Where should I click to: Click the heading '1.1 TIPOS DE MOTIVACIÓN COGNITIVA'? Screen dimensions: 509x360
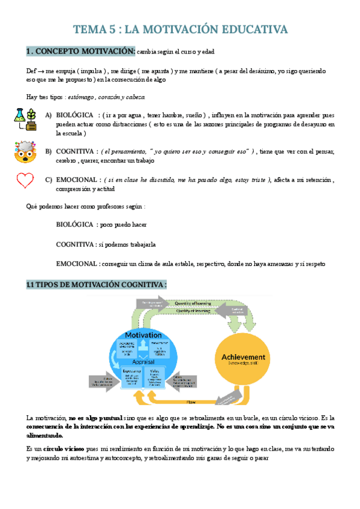pos(97,285)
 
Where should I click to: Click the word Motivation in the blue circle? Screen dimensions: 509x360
pos(143,334)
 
